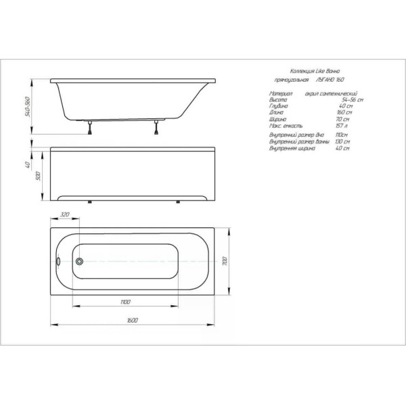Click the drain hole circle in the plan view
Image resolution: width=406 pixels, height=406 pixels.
(x=80, y=261)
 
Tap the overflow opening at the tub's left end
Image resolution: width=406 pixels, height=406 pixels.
(x=58, y=261)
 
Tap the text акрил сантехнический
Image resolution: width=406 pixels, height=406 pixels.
(x=331, y=93)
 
